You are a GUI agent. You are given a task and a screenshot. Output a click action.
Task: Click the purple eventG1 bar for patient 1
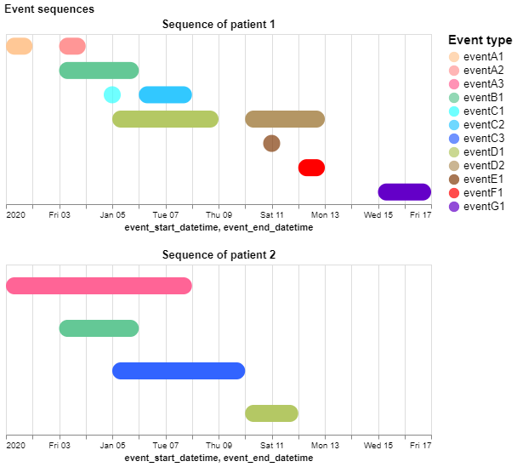[404, 191]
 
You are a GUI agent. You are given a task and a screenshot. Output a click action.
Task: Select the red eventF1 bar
[311, 168]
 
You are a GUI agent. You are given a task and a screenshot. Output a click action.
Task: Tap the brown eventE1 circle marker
[271, 143]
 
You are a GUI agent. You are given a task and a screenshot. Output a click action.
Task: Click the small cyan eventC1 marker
[112, 94]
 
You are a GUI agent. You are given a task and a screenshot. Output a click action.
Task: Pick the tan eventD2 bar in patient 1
[285, 119]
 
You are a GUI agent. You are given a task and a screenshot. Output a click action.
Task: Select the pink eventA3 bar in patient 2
[99, 286]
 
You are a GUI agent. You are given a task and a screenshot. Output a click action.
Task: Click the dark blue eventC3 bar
[179, 371]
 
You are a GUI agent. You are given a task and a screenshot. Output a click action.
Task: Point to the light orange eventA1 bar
[19, 46]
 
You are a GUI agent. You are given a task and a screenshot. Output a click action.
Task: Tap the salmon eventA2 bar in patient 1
[72, 46]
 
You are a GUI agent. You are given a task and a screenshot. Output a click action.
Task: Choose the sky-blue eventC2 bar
[165, 94]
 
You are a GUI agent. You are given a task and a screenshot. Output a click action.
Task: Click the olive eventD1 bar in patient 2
[271, 413]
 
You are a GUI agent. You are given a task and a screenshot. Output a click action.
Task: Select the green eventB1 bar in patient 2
[99, 328]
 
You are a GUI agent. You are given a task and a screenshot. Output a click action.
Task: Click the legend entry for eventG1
[483, 206]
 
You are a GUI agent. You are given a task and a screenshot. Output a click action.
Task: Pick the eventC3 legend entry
[483, 138]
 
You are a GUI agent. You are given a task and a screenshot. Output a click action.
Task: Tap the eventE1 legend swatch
[453, 179]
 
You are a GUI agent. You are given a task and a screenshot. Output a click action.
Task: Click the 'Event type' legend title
[480, 40]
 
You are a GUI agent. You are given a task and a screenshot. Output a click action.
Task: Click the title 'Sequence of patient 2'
[219, 254]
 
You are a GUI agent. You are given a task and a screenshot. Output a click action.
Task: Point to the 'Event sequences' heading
[49, 9]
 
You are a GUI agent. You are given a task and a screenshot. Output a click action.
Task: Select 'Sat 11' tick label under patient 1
[272, 215]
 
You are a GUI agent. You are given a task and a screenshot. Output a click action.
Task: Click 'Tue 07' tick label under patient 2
[166, 445]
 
